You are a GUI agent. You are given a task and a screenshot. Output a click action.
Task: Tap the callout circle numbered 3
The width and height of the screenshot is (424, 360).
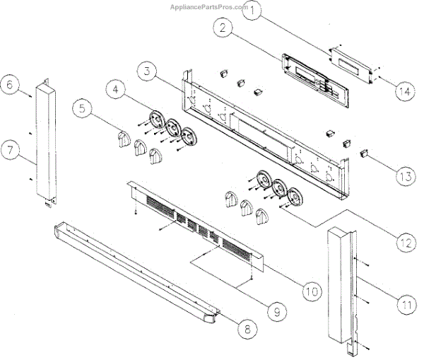[146, 71]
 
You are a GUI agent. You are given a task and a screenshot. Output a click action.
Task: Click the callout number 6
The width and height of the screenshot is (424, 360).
[10, 83]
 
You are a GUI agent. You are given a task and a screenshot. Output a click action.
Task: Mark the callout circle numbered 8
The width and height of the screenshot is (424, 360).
[245, 328]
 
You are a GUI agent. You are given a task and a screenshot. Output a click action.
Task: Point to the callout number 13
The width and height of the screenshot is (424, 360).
[404, 176]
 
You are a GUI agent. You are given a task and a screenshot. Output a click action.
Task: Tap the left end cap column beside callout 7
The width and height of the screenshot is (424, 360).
[45, 141]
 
